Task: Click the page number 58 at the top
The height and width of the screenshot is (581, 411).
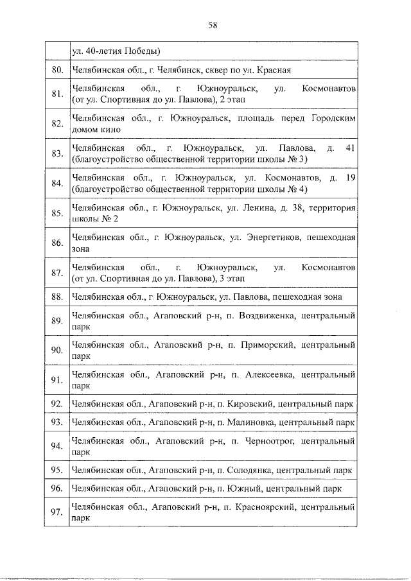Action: [x=213, y=25]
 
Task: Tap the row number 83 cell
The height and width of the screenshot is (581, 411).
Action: [x=57, y=153]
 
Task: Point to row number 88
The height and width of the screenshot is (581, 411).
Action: [x=57, y=297]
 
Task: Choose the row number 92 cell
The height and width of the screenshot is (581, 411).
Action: [x=57, y=404]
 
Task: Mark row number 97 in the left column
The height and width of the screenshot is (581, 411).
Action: [x=57, y=512]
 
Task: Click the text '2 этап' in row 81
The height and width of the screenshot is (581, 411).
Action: [x=230, y=100]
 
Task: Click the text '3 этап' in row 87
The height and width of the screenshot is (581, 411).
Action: [x=230, y=279]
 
